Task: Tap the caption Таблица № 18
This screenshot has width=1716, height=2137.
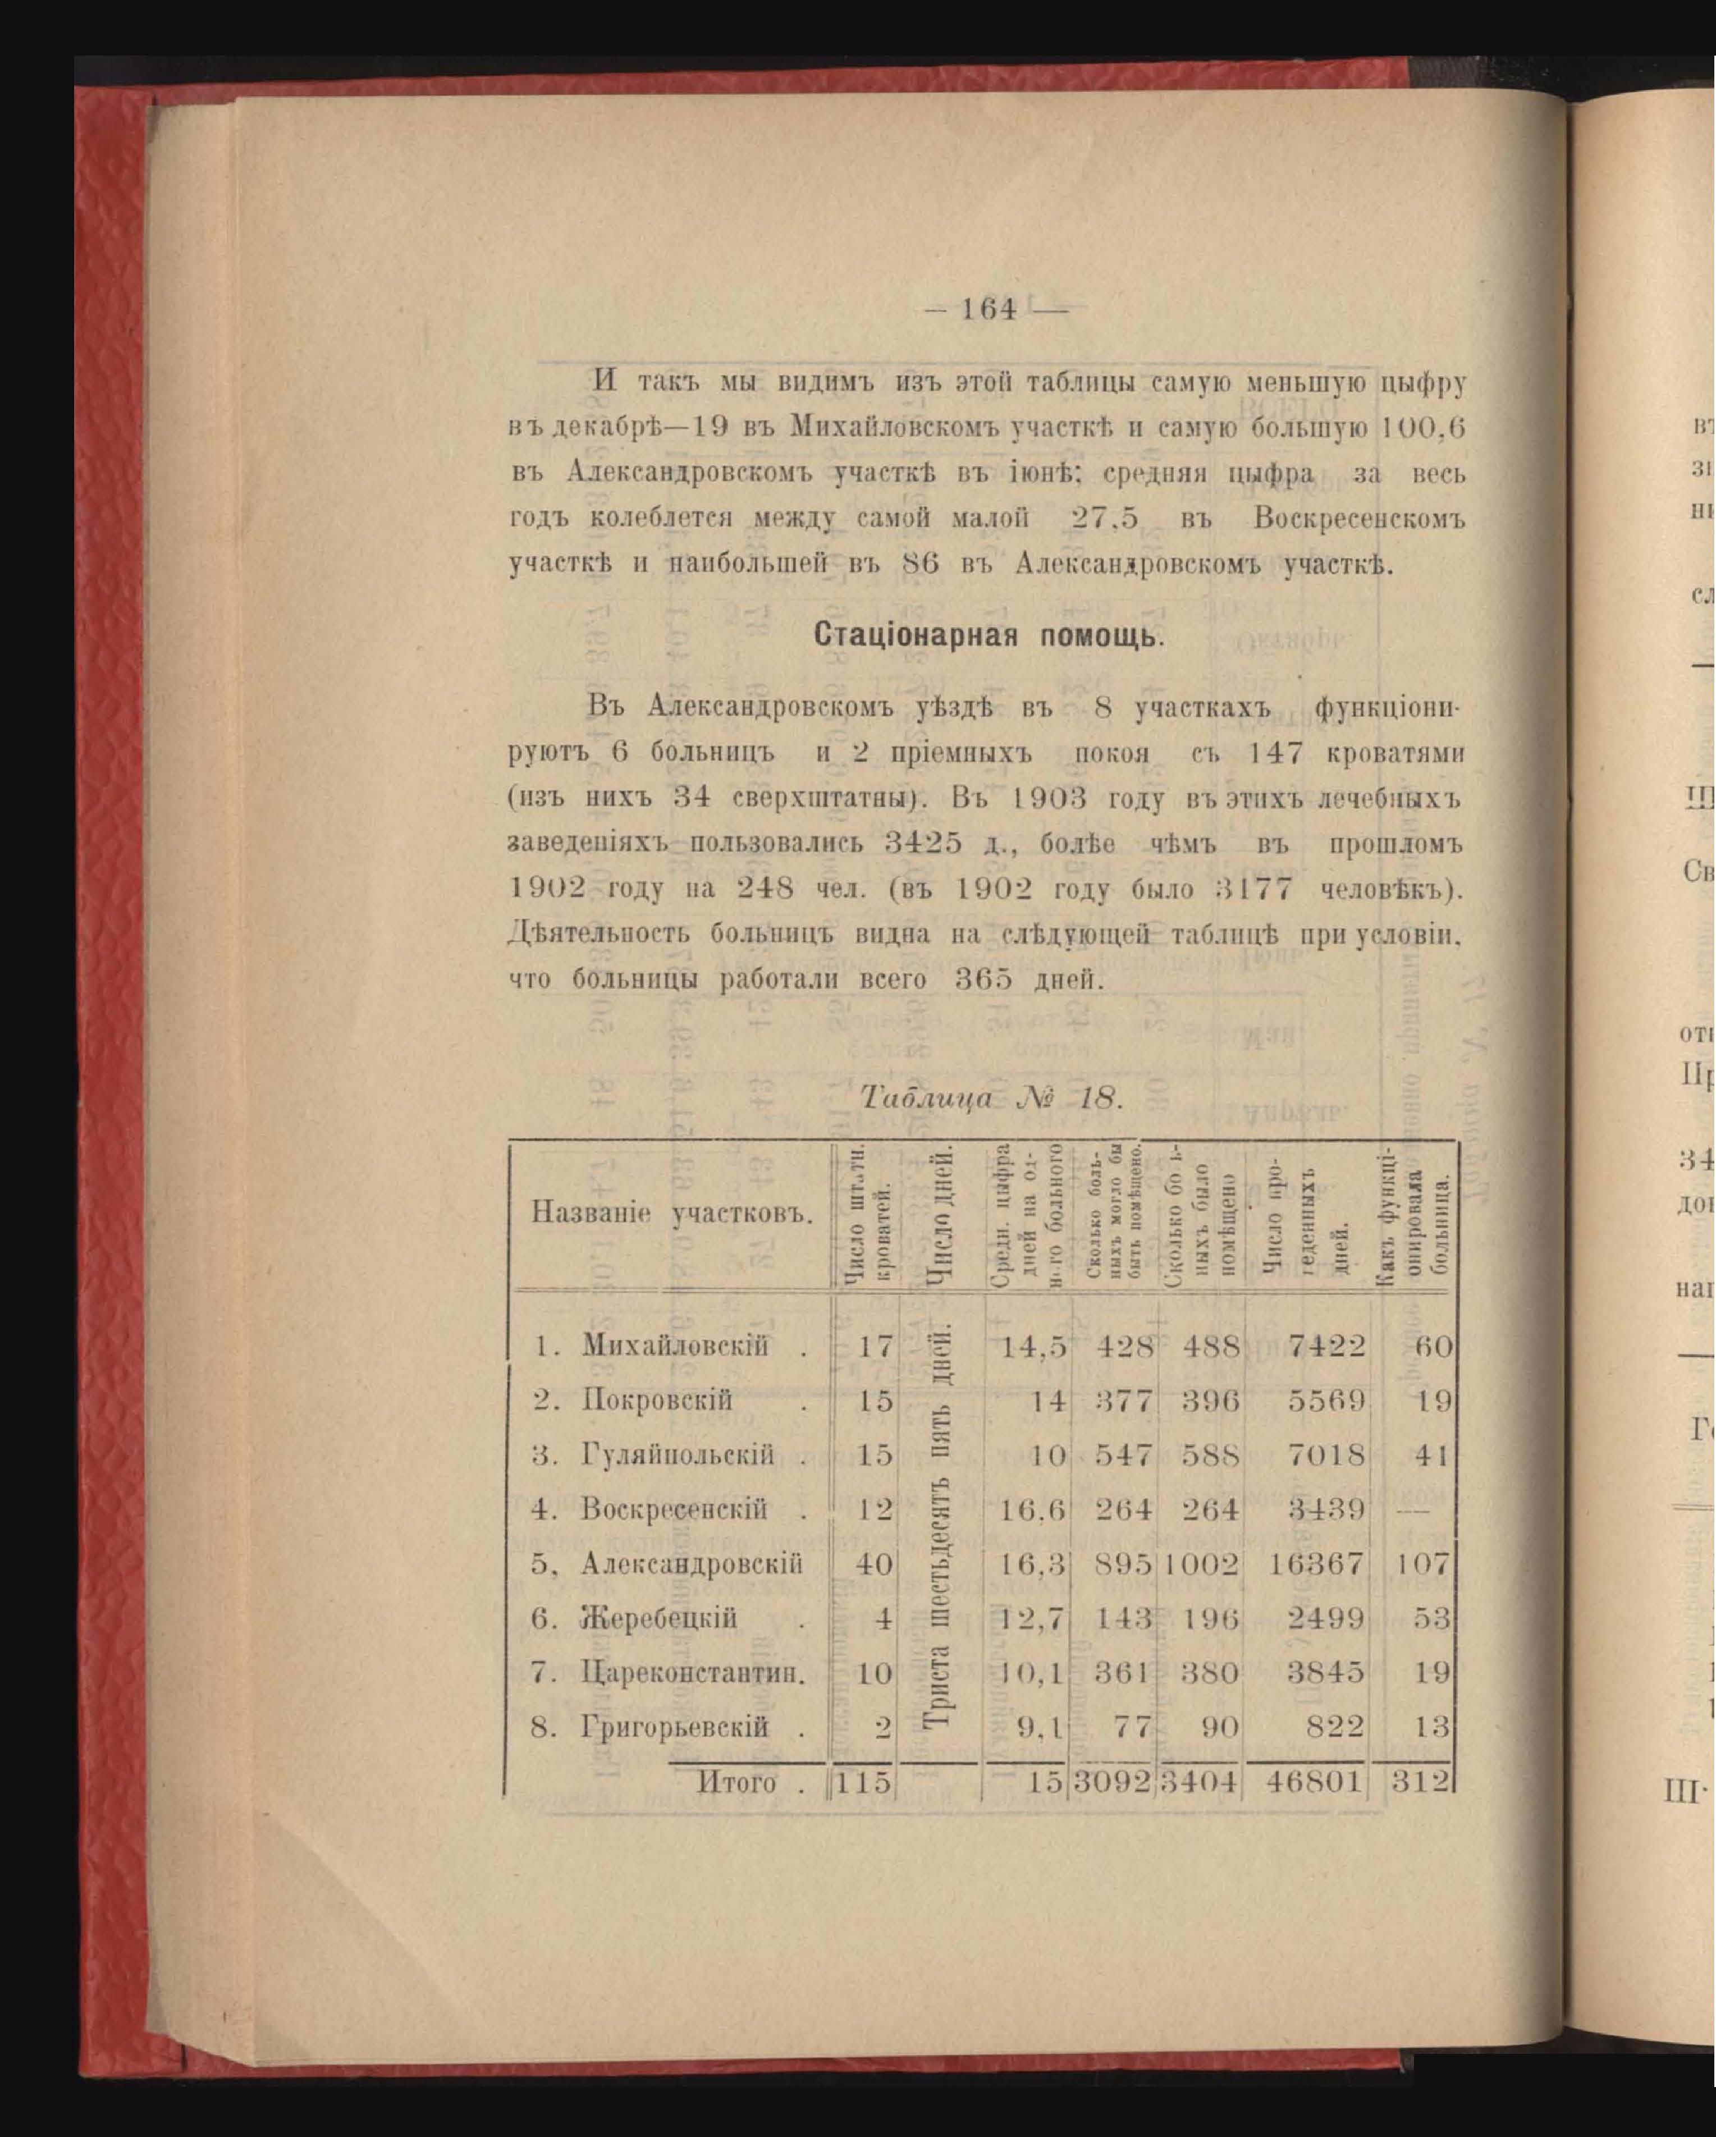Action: (991, 1098)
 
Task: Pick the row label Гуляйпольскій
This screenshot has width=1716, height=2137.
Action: (678, 1455)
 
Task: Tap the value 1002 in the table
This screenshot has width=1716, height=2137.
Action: (1201, 1564)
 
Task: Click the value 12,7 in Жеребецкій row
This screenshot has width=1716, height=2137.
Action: (1031, 1619)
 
